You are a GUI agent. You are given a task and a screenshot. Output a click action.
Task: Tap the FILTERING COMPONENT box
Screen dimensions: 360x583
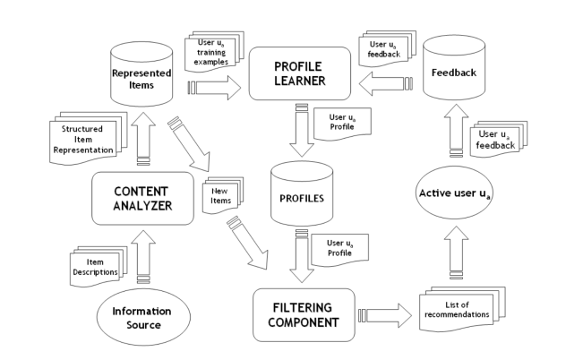[300, 313]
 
